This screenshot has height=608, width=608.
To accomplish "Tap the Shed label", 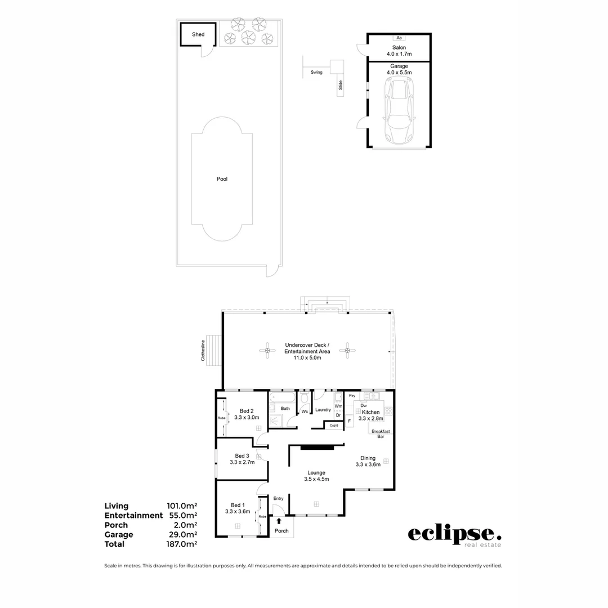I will click(198, 34).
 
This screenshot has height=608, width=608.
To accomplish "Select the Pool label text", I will click(222, 179).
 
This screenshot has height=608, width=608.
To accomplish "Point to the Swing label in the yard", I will click(316, 73).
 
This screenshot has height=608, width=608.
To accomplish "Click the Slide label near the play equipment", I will click(340, 86).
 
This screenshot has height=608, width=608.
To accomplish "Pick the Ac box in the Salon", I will click(399, 38).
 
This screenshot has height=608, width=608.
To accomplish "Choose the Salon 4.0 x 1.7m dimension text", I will click(399, 54).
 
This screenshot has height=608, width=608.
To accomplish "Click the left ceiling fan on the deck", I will click(267, 351).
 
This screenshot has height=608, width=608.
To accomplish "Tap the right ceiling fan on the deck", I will click(347, 351).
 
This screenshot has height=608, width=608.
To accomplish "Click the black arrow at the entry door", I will click(278, 521).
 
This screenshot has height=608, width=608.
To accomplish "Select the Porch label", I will click(281, 531).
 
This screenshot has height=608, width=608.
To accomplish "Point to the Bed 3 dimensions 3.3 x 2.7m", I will click(242, 462).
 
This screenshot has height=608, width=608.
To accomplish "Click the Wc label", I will click(304, 412).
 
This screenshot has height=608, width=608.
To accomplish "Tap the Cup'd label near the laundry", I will click(334, 425).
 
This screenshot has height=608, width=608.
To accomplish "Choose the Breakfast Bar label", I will click(381, 433).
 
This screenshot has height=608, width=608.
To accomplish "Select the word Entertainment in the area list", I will click(133, 515).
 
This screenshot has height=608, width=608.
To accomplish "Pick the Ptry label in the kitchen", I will click(352, 396).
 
